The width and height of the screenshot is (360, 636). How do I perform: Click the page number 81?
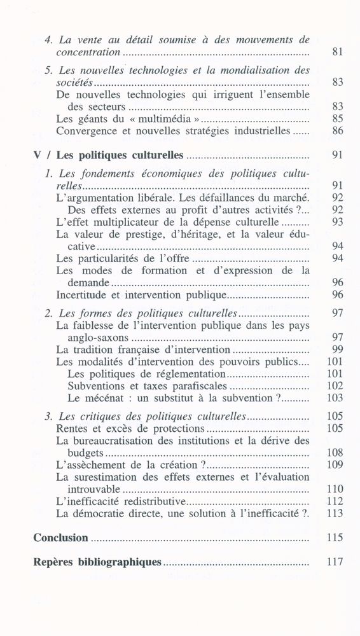(338, 53)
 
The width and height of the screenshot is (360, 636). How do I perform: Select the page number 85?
(338, 118)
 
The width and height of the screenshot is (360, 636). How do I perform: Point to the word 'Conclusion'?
(60, 538)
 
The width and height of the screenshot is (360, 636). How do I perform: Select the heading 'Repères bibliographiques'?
(97, 562)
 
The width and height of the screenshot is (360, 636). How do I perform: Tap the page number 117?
(335, 562)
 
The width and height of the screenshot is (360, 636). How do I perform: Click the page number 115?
(335, 538)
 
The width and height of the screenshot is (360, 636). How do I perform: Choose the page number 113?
(335, 514)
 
